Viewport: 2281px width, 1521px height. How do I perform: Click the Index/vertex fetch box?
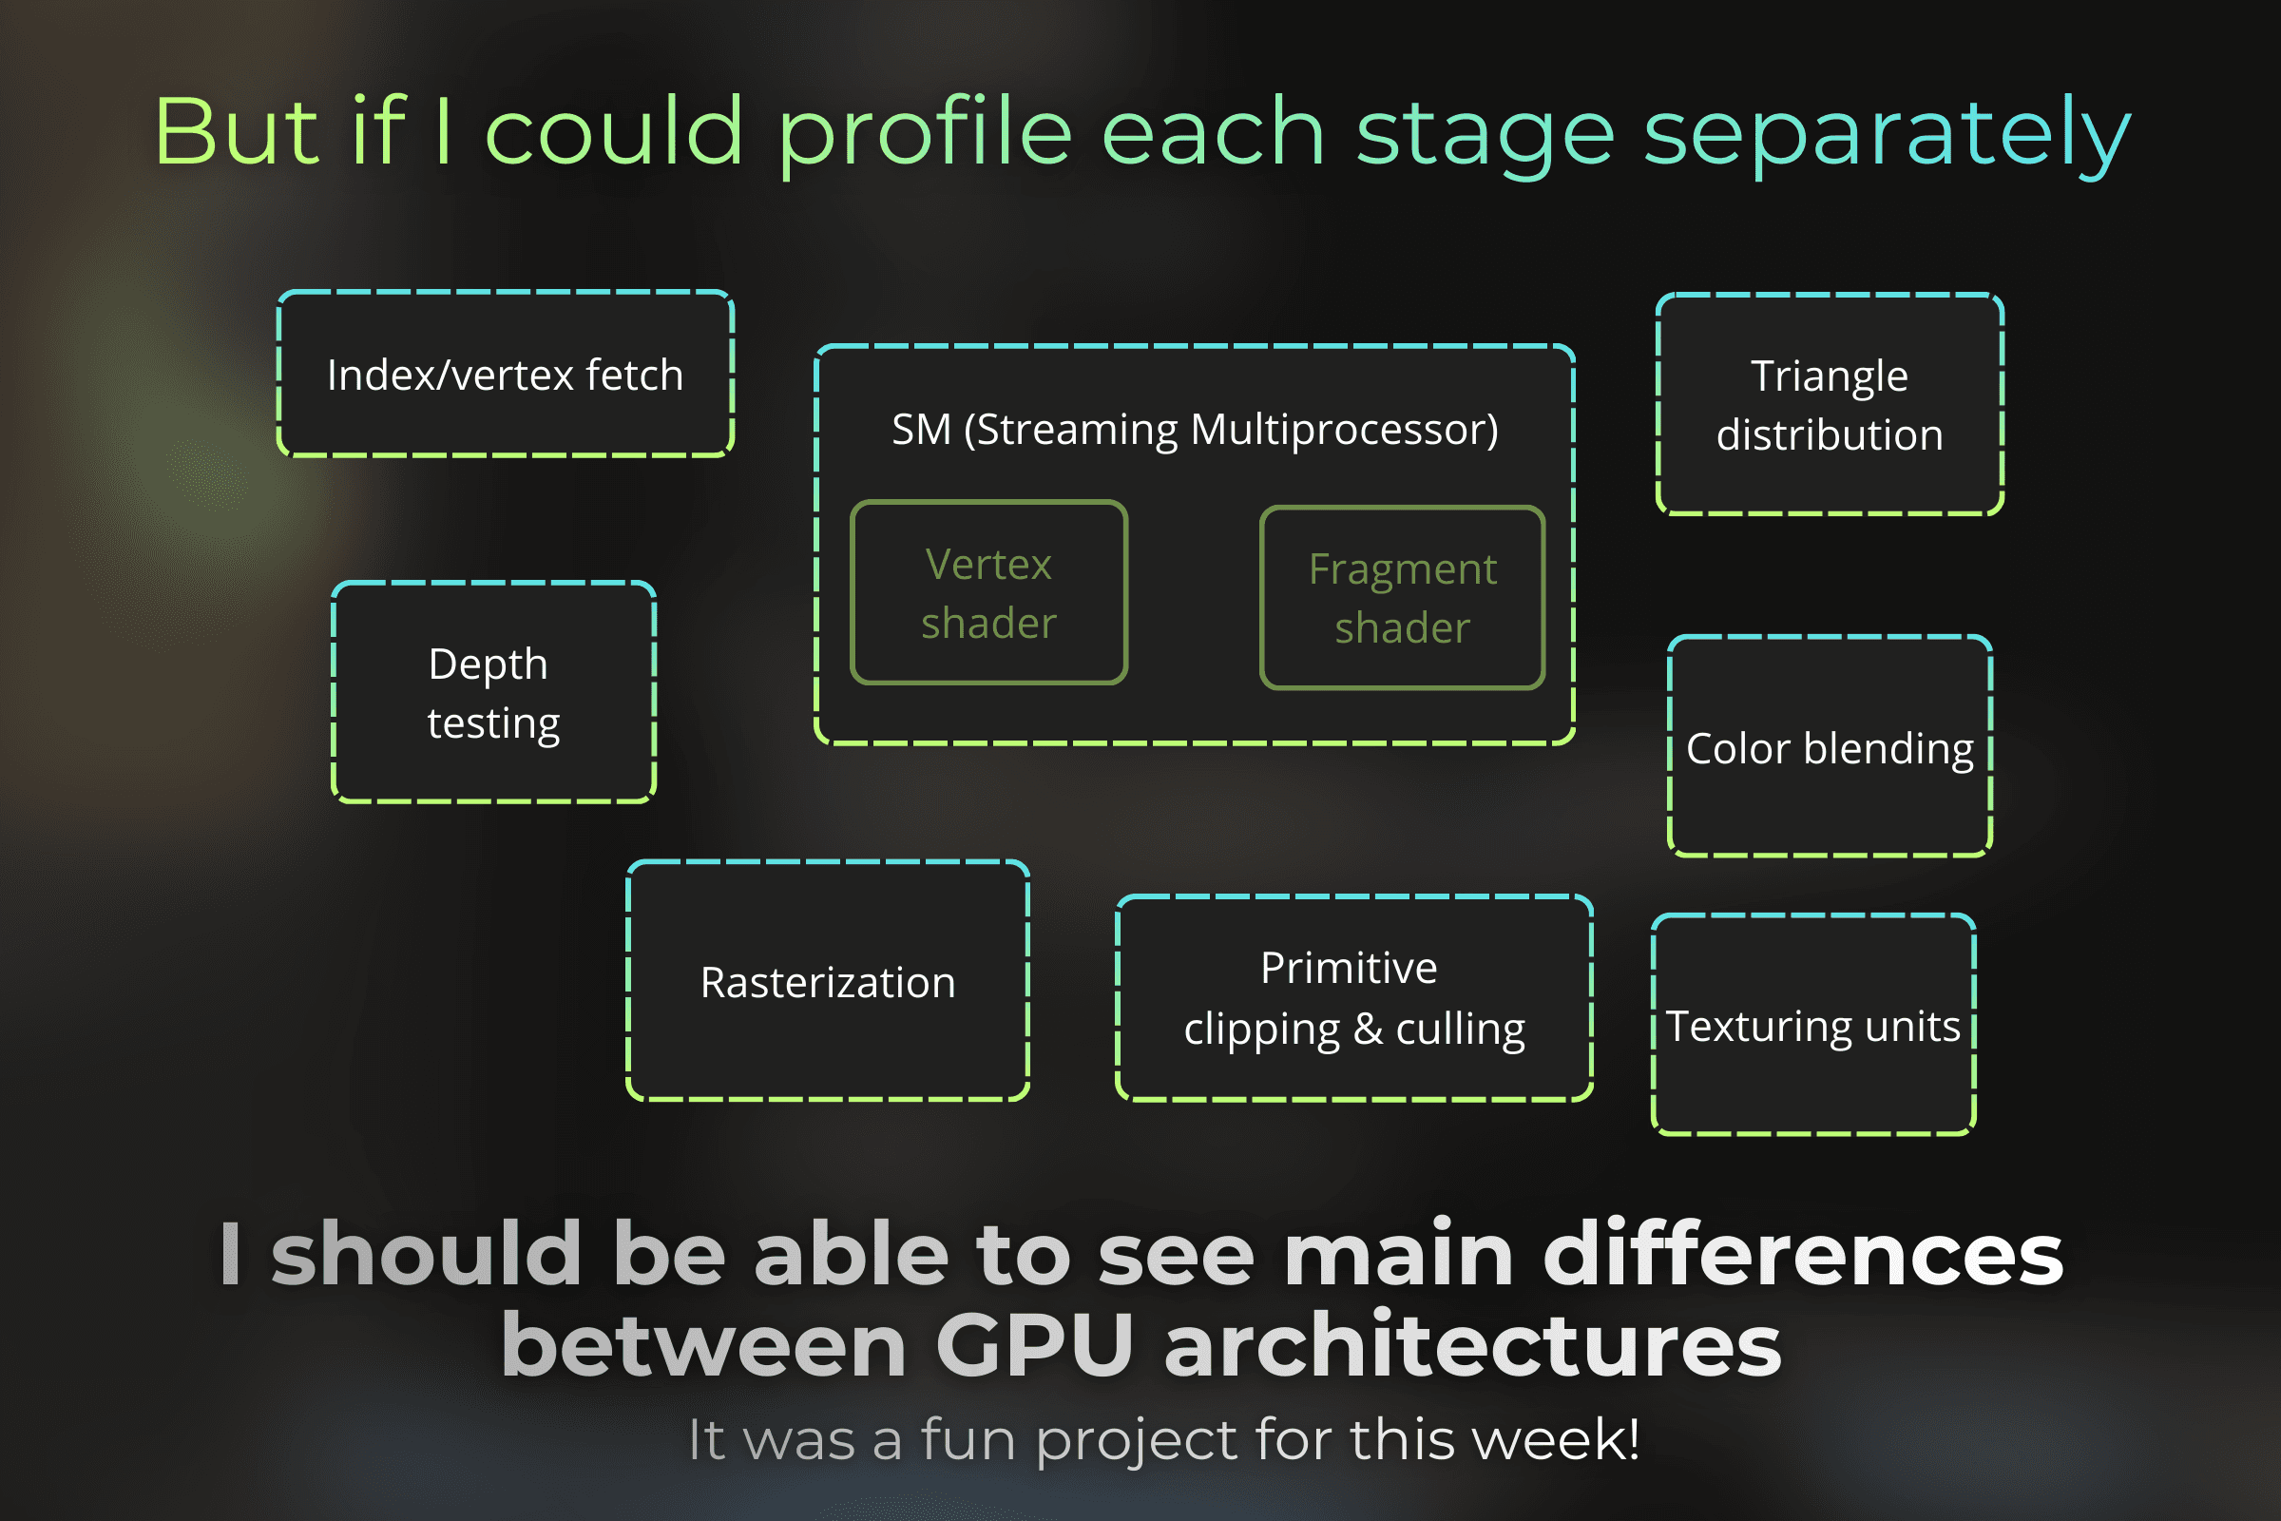tap(506, 374)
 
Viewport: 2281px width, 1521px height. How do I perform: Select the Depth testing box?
tap(493, 693)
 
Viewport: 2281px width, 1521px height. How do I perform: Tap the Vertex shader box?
tap(988, 592)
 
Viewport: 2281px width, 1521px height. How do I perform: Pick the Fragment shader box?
tap(1403, 598)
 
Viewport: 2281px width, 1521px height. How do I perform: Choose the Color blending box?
tap(1829, 747)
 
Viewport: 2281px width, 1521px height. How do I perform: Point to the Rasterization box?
tap(827, 982)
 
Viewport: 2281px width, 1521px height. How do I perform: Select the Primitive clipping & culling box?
tap(1353, 998)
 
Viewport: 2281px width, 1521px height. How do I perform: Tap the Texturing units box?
tap(1812, 1026)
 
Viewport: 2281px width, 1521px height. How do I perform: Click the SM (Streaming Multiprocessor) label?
tap(1194, 429)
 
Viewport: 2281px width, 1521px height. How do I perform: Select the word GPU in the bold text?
tap(1034, 1345)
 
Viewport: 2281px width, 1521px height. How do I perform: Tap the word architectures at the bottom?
tap(1472, 1345)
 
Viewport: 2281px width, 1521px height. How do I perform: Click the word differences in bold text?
tap(1803, 1254)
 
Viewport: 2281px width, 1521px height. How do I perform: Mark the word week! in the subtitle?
tap(1556, 1438)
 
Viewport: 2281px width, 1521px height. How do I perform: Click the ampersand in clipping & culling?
tap(1368, 1030)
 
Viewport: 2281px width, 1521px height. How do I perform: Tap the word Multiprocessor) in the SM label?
tap(1344, 429)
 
